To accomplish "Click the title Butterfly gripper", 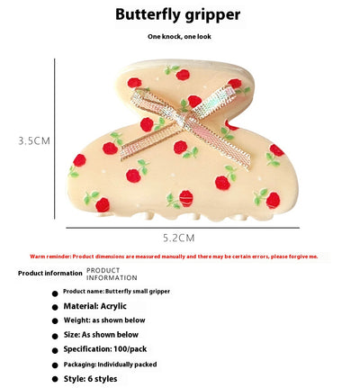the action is click(x=178, y=15).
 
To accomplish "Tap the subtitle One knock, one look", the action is click(x=179, y=37).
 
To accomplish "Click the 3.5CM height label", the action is click(x=34, y=140).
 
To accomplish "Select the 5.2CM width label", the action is click(x=179, y=238).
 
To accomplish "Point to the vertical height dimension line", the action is click(x=55, y=139).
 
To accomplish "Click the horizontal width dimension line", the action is click(x=183, y=228).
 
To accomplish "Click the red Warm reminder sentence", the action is click(x=174, y=257).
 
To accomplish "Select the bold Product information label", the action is click(x=50, y=274).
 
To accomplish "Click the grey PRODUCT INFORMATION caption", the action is click(x=112, y=275).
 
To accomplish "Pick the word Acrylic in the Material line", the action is click(x=113, y=306).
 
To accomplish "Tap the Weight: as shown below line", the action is click(x=104, y=320).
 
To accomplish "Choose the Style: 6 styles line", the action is click(x=90, y=379).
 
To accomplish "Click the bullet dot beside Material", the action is click(x=55, y=307).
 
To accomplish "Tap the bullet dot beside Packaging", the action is click(x=55, y=365).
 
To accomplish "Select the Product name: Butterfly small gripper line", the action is click(x=116, y=292).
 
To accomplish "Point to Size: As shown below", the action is click(x=101, y=335).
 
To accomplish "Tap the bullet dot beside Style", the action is click(x=55, y=379).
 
